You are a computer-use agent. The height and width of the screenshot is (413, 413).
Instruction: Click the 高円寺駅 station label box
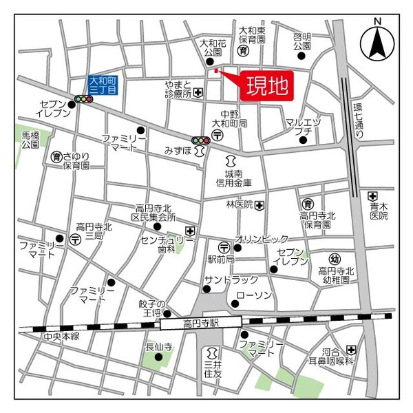pos(201,321)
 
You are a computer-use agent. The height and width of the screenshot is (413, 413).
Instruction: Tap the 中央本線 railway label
pos(61,336)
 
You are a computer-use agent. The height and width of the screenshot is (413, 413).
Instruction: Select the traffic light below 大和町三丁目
pos(84,99)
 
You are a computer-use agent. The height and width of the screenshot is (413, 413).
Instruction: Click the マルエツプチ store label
pos(303,127)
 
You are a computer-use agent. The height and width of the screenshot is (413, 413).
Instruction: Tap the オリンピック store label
pos(262,239)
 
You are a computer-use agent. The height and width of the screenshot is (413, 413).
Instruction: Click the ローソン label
pos(254,295)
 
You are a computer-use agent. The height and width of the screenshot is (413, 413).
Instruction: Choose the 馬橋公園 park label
pos(30,140)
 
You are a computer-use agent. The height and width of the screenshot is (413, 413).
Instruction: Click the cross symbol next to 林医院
pos(259,204)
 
